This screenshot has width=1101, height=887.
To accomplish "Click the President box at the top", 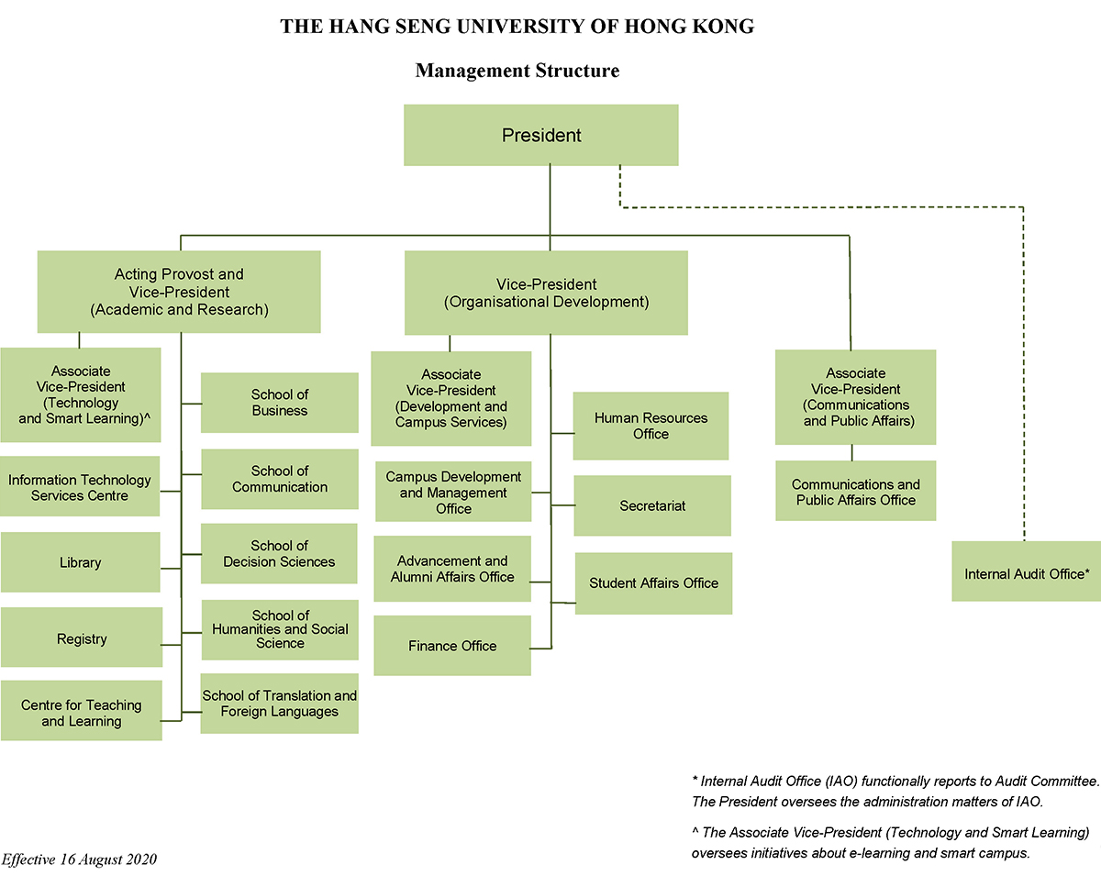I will pos(540,136).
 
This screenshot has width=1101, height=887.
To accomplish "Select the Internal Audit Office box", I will pos(1026,571).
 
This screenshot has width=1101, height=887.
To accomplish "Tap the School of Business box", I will pos(279,403).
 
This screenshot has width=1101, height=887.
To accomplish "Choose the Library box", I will pos(81,562).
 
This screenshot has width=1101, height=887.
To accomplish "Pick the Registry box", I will pos(81,638).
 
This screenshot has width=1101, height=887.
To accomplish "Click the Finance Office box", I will pos(452,646).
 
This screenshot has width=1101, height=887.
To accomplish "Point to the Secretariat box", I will pos(652,505).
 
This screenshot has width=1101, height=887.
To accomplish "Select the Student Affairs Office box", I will pos(653,583).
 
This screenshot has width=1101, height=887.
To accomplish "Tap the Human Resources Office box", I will pos(651,426).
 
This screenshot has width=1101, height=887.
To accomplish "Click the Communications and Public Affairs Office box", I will pos(855,492).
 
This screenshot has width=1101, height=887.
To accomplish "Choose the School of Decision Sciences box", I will pos(279,554).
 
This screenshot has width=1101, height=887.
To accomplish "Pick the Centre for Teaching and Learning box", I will pos(81,712).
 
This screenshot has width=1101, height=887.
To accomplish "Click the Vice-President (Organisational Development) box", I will pos(546,293).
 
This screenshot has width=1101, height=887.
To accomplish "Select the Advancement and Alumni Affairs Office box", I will pos(452,569).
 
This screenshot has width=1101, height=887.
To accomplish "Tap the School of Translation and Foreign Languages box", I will pos(279,704).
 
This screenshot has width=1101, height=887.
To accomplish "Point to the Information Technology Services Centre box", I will pos(80,487).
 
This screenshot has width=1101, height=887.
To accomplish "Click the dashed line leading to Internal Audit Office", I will pos(1023,367).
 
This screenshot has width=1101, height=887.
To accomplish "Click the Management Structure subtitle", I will pos(517,71).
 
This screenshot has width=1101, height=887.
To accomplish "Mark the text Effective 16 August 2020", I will pos(79,859).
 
